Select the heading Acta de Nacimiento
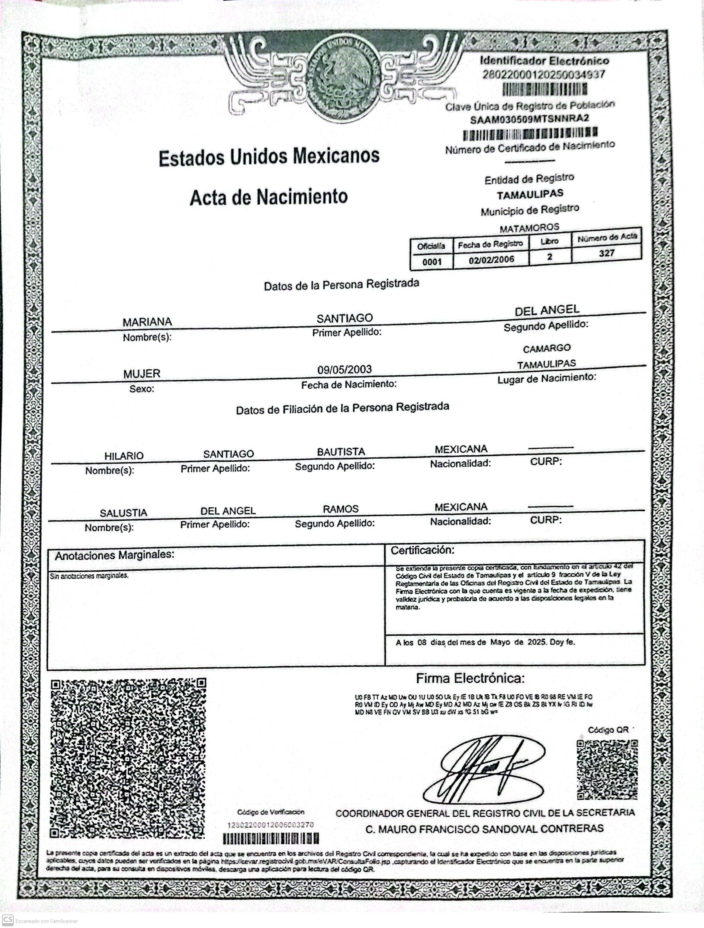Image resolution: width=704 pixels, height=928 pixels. [x=269, y=196]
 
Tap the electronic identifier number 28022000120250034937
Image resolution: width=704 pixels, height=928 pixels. [x=544, y=75]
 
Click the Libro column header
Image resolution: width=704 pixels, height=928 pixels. [x=549, y=241]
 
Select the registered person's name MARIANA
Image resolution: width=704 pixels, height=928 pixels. [x=147, y=322]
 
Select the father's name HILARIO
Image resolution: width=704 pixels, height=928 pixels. [x=124, y=456]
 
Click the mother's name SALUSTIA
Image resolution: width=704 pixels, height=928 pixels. [x=123, y=513]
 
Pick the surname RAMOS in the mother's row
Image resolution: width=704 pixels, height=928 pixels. [x=340, y=509]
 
